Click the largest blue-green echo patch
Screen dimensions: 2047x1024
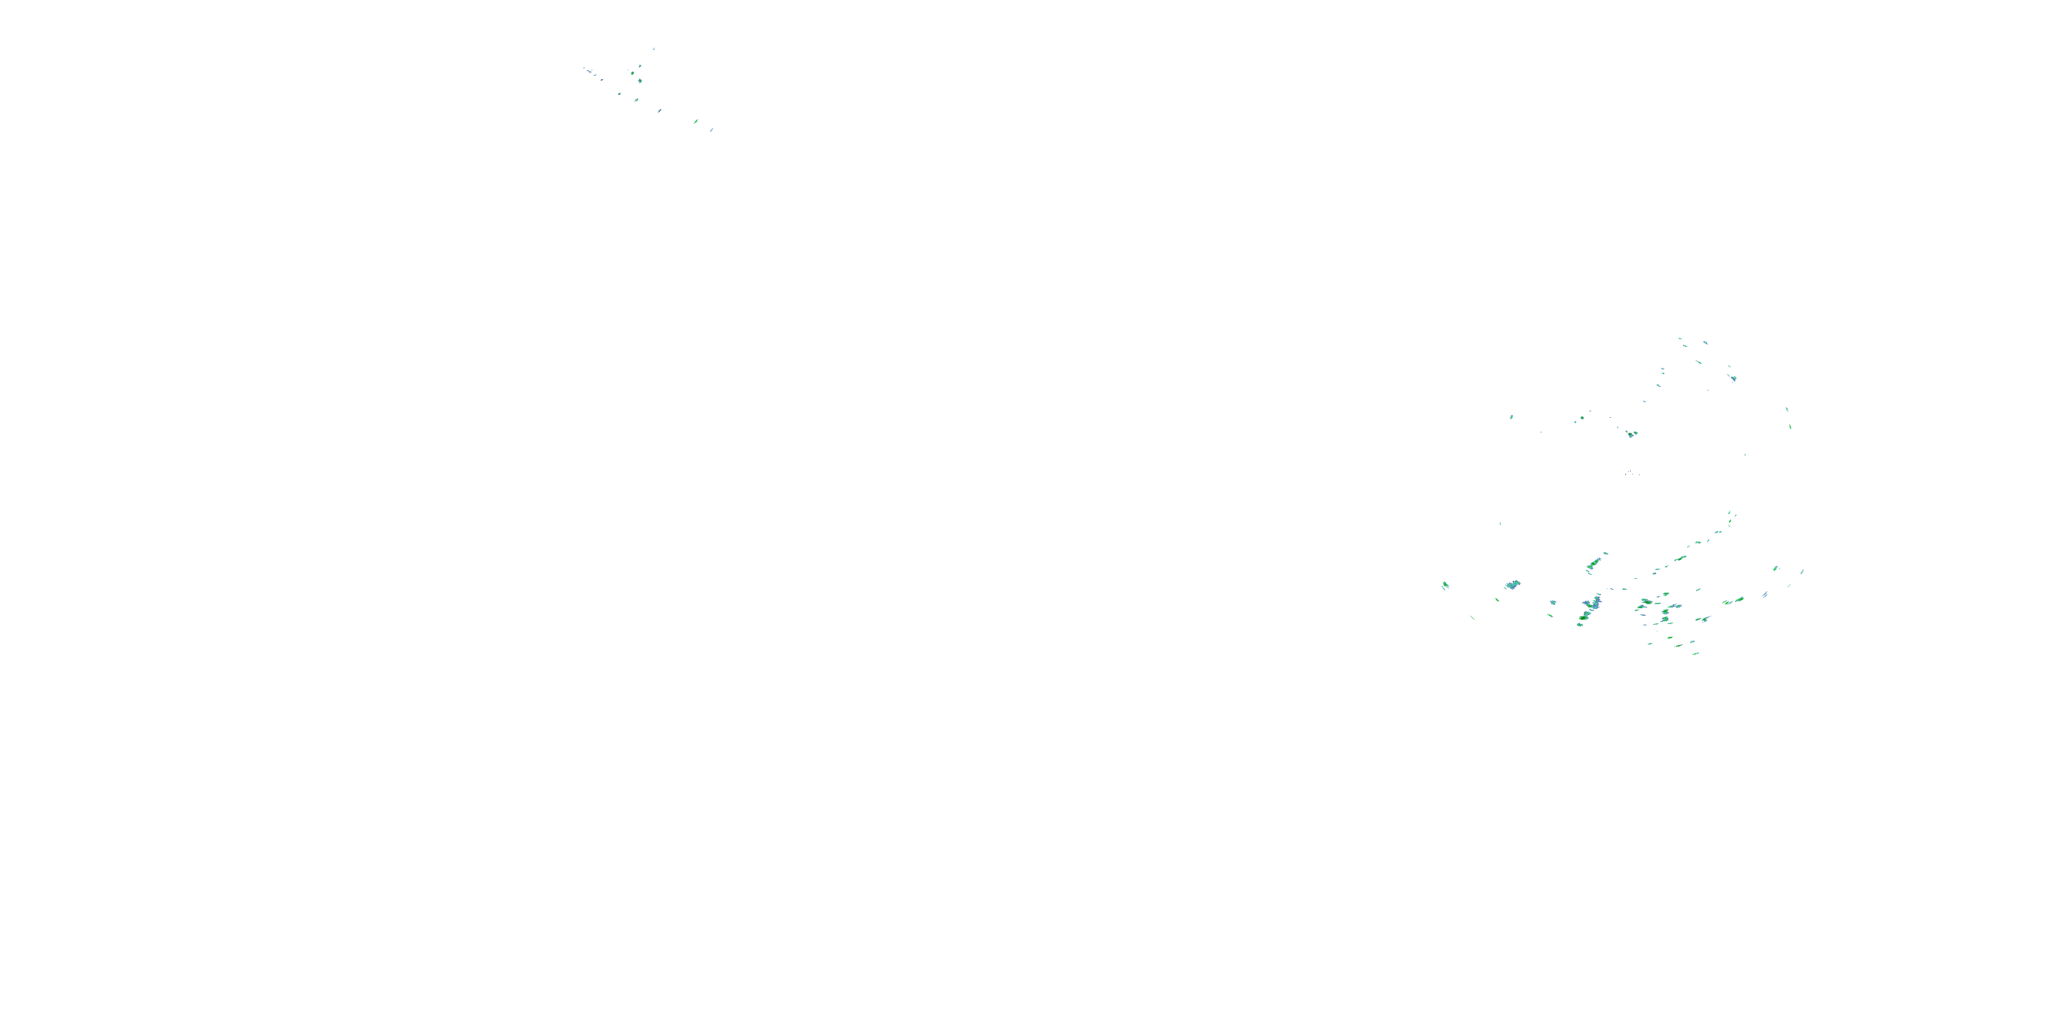point(1591,608)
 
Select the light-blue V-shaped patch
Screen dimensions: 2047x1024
point(1513,584)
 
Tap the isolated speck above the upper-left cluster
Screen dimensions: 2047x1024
point(654,48)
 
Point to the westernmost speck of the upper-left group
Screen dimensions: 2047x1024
point(585,68)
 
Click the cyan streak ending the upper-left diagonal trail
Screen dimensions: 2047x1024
point(711,130)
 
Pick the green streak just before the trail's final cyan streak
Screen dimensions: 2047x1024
point(696,121)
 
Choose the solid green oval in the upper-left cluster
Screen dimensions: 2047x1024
point(640,81)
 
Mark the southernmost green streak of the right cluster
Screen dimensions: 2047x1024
point(1696,653)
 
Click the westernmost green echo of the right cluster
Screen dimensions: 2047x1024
point(1444,586)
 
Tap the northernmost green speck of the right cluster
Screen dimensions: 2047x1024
point(1680,339)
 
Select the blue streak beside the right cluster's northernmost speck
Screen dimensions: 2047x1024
point(1705,342)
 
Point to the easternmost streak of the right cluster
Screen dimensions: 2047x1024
point(1802,571)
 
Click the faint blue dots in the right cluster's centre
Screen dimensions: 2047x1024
point(1631,473)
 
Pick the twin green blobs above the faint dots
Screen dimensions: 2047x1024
point(1631,434)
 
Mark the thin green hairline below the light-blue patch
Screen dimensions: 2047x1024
point(1472,618)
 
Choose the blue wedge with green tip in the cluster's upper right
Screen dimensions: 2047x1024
point(1733,378)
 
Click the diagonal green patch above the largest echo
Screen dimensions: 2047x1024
point(1594,564)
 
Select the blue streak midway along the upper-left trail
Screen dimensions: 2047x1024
point(620,94)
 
